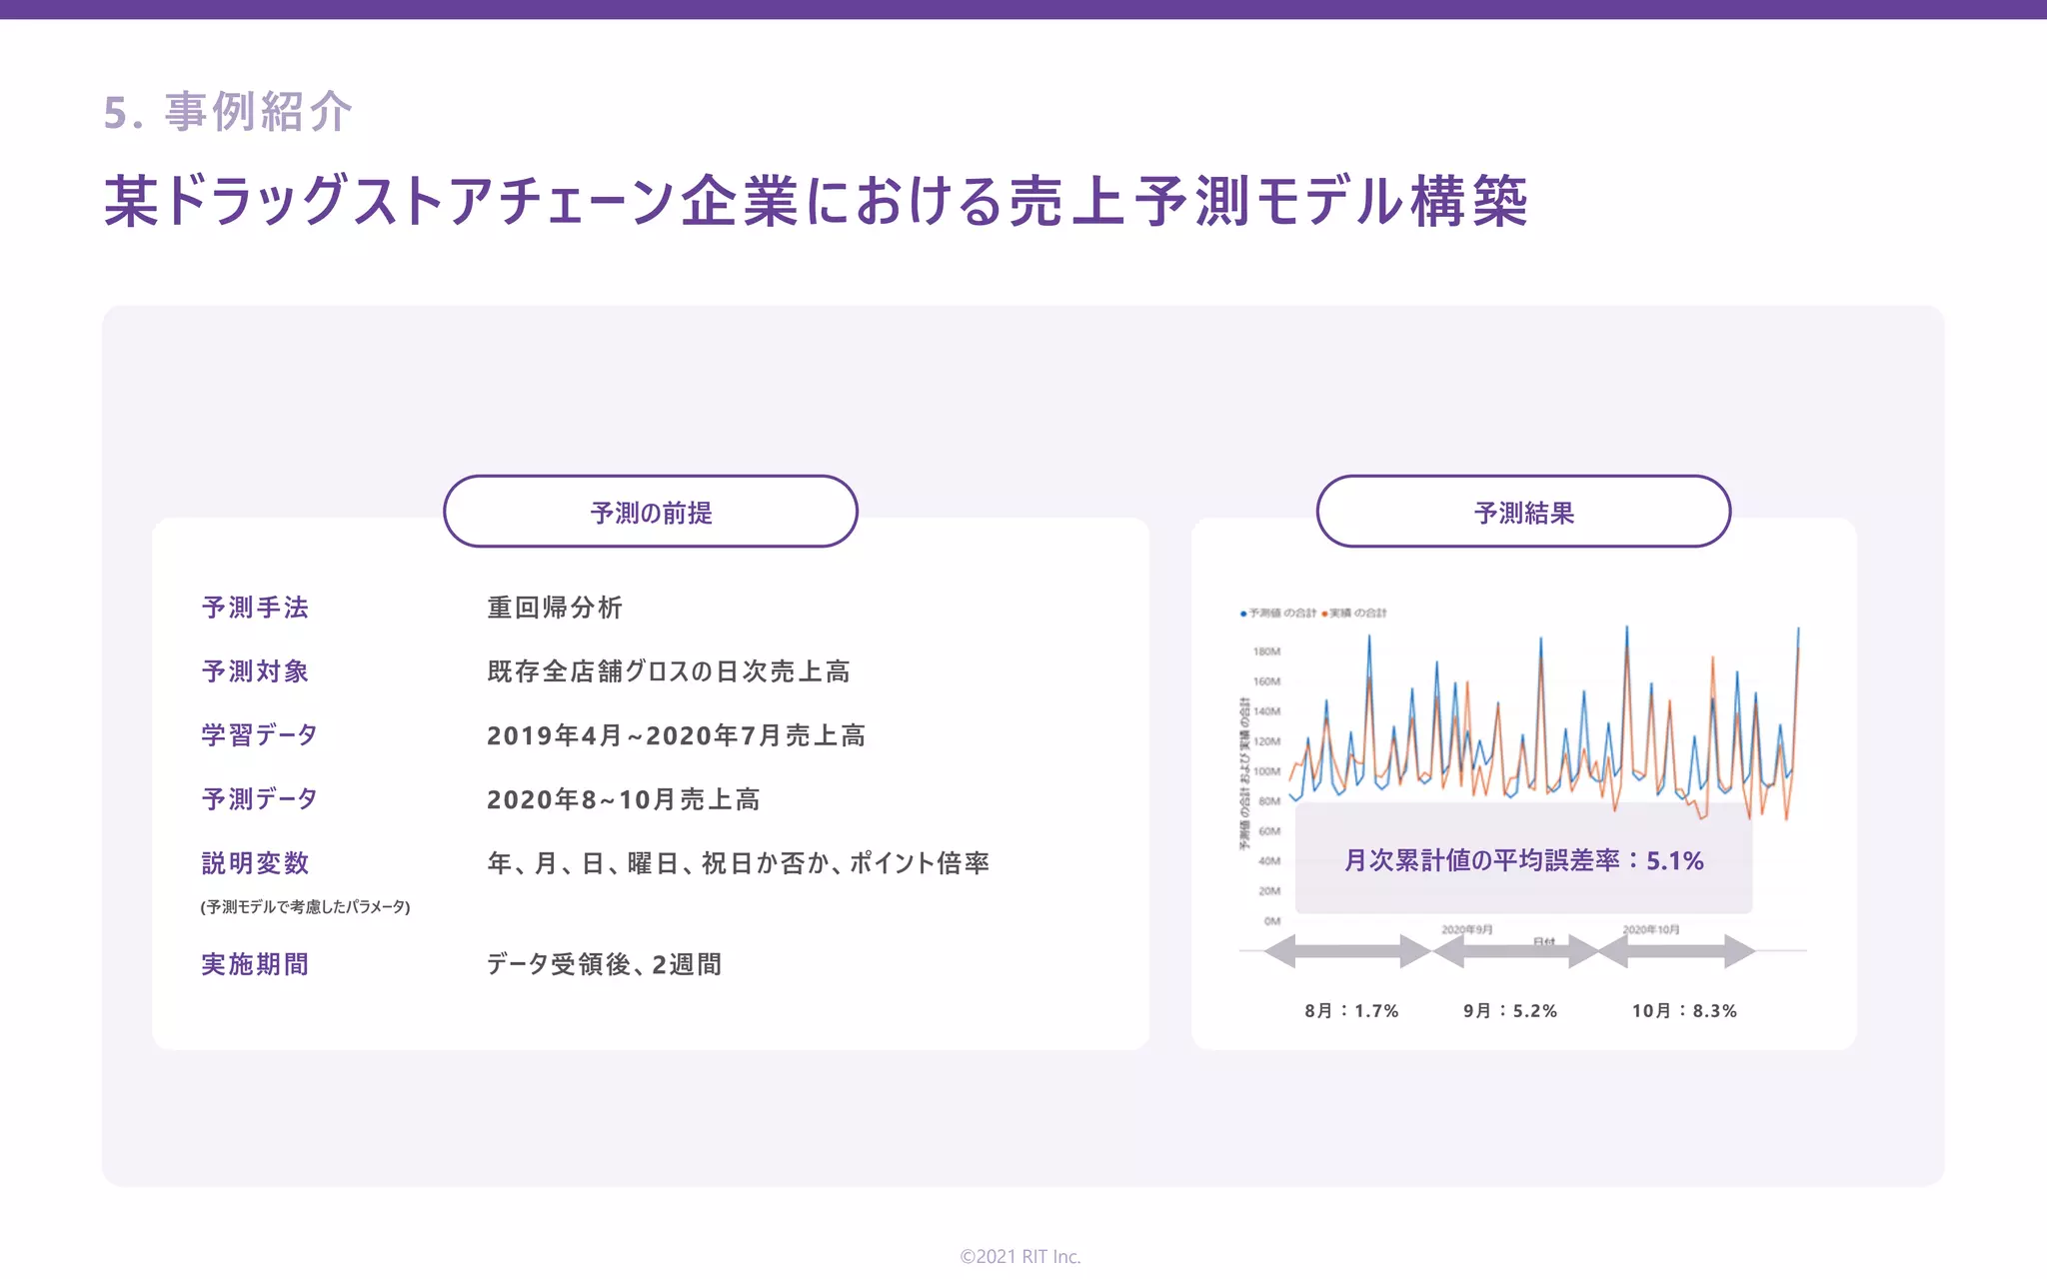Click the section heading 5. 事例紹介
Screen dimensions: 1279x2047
228,111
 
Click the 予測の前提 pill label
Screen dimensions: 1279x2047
651,513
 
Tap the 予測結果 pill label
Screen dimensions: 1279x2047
1523,513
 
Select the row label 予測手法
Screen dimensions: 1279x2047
255,608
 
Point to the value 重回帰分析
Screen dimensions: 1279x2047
555,608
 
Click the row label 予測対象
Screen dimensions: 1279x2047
255,671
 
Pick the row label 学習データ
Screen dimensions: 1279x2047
259,735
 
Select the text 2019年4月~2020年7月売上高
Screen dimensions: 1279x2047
676,735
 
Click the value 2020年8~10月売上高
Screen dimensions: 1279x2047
623,799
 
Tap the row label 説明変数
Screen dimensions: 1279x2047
255,863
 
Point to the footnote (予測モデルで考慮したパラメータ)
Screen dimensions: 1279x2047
305,907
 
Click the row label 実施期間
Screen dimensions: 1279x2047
255,964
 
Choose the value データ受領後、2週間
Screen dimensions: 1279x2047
604,964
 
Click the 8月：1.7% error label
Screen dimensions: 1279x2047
1351,1011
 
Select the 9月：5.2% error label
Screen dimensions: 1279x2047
1510,1011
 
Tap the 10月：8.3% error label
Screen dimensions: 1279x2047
1684,1011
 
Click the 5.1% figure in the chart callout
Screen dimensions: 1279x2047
1674,860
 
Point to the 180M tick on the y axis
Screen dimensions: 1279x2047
1266,651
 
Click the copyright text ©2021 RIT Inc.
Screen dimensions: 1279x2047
1021,1256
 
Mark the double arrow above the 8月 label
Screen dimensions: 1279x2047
1348,951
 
